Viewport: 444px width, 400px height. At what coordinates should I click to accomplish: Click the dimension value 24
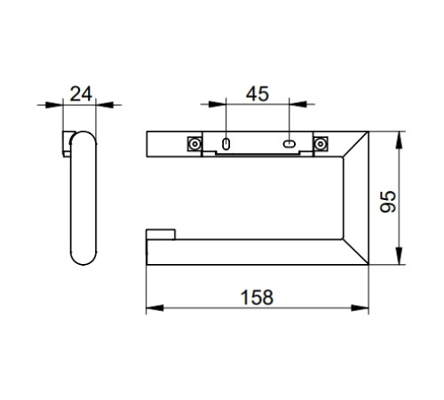point(81,94)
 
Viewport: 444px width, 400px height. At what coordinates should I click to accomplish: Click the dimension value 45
point(258,94)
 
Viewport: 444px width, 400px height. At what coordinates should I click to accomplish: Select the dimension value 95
point(388,202)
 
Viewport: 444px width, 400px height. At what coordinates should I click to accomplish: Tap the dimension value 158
point(257,297)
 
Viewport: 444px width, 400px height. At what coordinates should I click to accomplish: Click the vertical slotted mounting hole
point(226,144)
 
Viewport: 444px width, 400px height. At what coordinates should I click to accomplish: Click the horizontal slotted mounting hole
point(289,144)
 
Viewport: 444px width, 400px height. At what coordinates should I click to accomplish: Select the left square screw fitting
point(194,144)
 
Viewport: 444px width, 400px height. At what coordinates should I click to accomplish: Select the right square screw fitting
point(321,144)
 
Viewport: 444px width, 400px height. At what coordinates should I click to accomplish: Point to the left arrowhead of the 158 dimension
point(155,308)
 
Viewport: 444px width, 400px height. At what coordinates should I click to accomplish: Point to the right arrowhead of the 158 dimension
point(360,308)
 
